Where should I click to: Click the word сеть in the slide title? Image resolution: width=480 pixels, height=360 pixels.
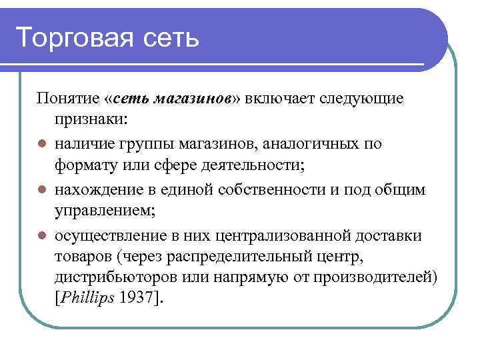click(x=171, y=38)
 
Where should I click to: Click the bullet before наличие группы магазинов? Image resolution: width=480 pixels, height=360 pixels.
click(x=41, y=143)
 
